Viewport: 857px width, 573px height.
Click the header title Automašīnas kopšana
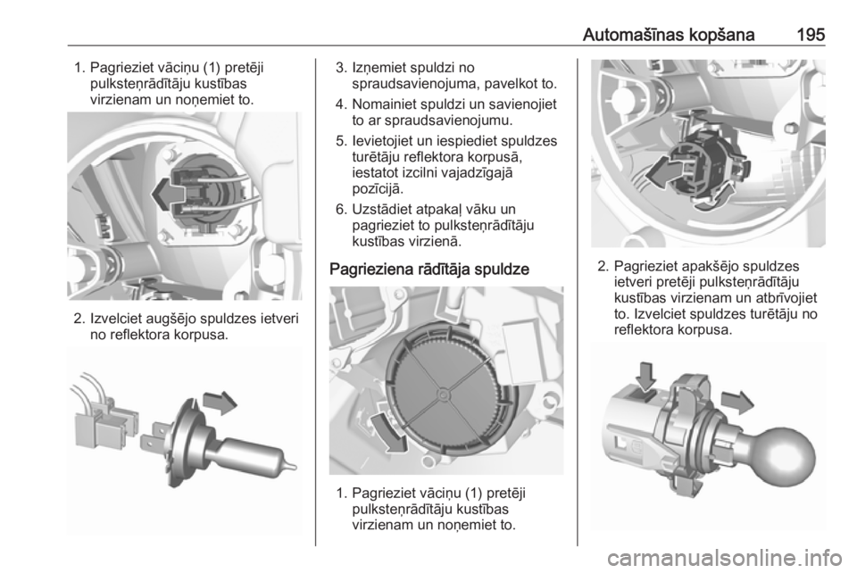click(669, 35)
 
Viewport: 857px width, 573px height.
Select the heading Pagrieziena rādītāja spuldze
click(429, 270)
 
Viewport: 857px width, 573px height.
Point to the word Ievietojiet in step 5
click(385, 141)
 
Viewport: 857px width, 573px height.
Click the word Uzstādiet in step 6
click(382, 209)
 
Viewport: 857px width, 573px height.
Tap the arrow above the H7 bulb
click(220, 403)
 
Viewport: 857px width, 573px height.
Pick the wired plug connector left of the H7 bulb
click(104, 419)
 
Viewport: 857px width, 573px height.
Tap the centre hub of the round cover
click(444, 393)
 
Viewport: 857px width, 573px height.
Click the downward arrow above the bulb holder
click(645, 377)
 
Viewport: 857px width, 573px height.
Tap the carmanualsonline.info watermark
click(724, 558)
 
